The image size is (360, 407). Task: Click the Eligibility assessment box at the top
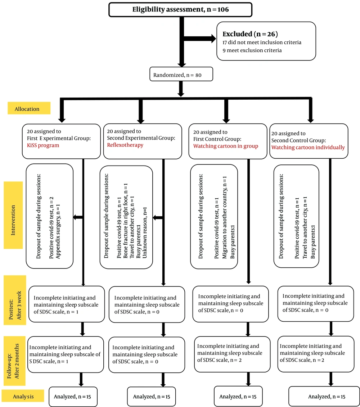coord(180,10)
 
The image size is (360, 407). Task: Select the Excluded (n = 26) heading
coord(250,34)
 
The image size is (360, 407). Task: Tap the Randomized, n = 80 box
coord(181,74)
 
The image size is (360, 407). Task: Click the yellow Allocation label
coord(29,108)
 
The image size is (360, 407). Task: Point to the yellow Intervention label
coord(13,215)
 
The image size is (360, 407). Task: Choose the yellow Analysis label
coord(23,396)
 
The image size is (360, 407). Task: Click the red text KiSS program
coord(43,145)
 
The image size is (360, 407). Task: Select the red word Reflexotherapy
coord(125,145)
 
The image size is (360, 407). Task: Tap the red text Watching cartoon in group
coord(226,146)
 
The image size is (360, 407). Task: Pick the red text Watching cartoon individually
coord(308,148)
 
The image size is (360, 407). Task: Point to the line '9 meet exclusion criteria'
coord(252,50)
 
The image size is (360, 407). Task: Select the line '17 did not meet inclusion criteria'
coord(262,42)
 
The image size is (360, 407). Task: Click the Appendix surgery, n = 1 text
coord(58,231)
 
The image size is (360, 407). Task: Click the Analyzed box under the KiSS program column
coord(73,397)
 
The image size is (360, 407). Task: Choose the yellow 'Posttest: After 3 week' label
coord(15,300)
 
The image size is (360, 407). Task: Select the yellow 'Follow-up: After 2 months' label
coord(14,361)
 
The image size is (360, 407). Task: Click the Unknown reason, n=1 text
coord(145,232)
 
